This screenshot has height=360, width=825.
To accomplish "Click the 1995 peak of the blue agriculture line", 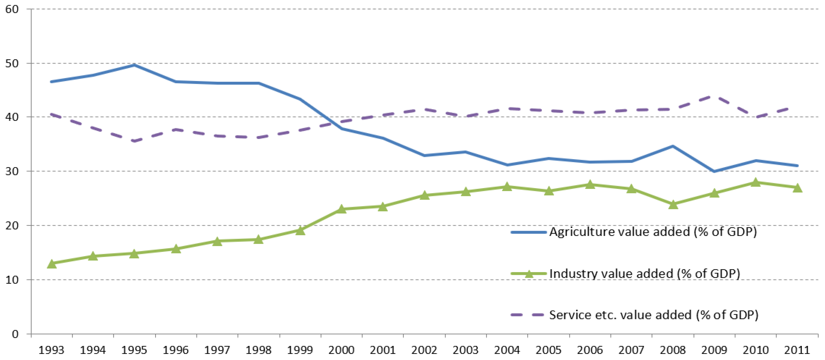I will point(134,65).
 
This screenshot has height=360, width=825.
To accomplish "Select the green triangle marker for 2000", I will point(341,209).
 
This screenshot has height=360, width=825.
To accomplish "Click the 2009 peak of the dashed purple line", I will point(714,96).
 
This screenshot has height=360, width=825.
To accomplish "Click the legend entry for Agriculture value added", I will point(653,231).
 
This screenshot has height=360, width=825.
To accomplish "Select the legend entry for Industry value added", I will point(644,274).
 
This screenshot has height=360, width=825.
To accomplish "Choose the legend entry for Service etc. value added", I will point(653,315).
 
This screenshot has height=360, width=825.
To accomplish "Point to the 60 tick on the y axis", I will point(12,9).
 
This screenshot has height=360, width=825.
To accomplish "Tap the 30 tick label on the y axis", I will point(12,171).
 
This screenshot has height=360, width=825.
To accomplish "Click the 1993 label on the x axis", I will point(51,350).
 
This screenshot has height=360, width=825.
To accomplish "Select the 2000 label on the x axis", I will point(341,350).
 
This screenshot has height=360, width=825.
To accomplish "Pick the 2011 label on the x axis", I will point(797,350).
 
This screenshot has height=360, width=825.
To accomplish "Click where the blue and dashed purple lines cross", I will point(333,124).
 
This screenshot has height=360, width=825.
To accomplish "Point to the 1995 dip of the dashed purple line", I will point(134,141).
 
